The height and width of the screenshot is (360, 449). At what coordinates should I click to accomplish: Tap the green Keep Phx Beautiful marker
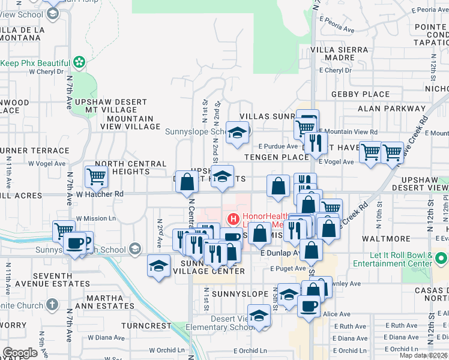(x=78, y=62)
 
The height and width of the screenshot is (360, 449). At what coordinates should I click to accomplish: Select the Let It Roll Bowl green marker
(x=442, y=259)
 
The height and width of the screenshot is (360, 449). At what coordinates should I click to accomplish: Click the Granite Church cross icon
(x=52, y=305)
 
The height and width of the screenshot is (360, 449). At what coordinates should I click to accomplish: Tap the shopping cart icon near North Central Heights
(x=96, y=176)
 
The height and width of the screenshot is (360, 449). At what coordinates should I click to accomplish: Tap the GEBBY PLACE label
(x=360, y=94)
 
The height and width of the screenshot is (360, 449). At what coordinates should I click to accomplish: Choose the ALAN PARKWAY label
(x=391, y=109)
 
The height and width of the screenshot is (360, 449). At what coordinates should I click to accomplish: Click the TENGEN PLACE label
(x=277, y=157)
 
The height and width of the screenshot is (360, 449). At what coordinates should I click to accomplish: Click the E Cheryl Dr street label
(x=336, y=70)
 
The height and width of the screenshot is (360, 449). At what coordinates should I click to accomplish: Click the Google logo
(x=20, y=353)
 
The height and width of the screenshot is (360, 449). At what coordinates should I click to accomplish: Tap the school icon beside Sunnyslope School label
(x=238, y=133)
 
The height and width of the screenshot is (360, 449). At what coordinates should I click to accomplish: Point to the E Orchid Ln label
(x=250, y=351)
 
